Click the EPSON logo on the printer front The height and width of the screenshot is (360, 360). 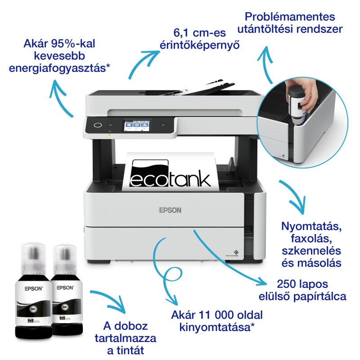tap(170, 209)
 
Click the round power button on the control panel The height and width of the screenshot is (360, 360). tap(97, 125)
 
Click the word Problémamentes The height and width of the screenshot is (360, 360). tap(290, 17)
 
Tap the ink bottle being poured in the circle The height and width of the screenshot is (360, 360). tap(295, 97)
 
